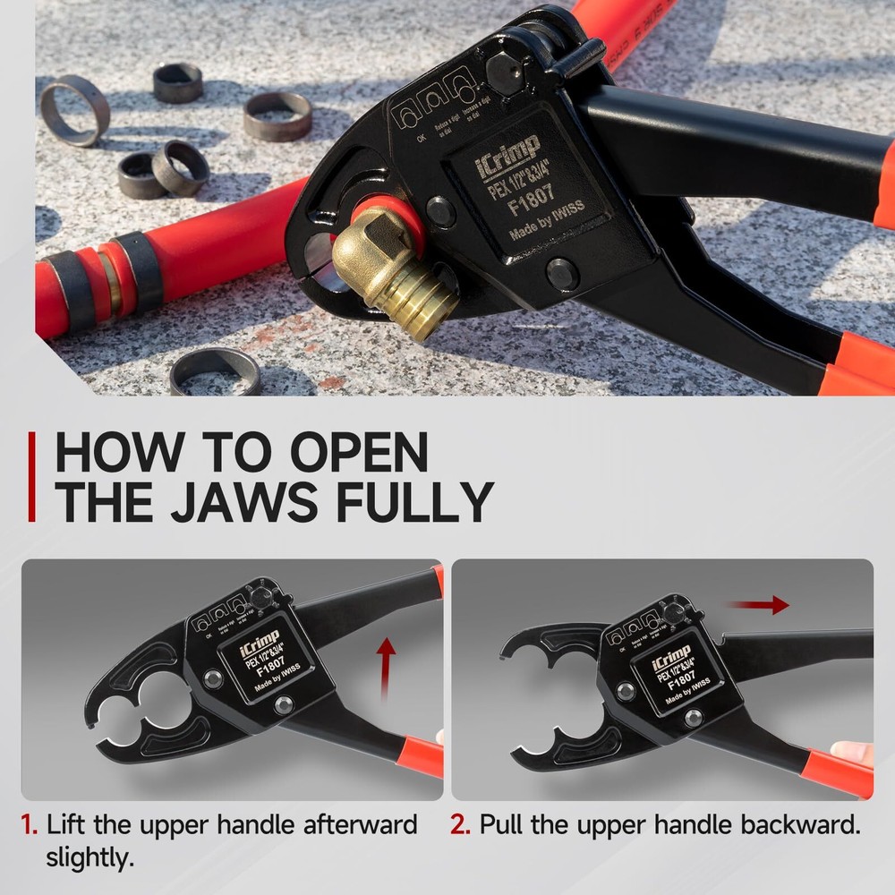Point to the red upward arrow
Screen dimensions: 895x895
385,667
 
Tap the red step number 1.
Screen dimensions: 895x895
30,824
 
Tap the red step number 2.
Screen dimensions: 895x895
460,824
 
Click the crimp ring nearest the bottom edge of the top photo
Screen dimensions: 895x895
215,371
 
